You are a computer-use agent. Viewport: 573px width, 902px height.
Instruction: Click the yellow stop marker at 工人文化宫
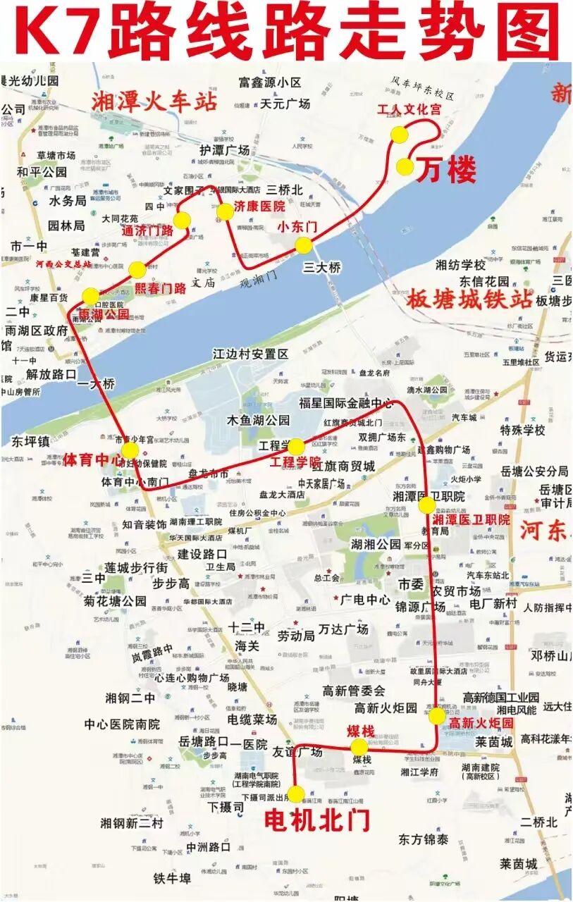pyautogui.click(x=400, y=134)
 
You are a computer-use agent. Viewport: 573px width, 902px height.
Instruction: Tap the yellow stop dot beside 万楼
pyautogui.click(x=405, y=166)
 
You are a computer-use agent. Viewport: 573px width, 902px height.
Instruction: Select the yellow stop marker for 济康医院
pyautogui.click(x=224, y=211)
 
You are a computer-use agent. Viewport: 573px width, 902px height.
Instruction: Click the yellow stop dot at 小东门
pyautogui.click(x=303, y=245)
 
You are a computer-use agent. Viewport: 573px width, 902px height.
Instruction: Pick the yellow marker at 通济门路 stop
pyautogui.click(x=182, y=221)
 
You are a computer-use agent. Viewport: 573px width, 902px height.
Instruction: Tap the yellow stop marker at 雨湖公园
pyautogui.click(x=91, y=296)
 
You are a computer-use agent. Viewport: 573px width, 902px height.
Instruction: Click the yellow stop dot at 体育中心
pyautogui.click(x=130, y=450)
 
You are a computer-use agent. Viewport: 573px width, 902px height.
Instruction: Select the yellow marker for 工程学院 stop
pyautogui.click(x=296, y=447)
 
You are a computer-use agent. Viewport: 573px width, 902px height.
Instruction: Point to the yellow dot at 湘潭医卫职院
pyautogui.click(x=427, y=505)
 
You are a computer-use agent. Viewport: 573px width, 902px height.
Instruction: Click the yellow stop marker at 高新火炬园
pyautogui.click(x=437, y=716)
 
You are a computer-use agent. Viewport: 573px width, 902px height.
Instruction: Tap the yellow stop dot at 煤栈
pyautogui.click(x=359, y=747)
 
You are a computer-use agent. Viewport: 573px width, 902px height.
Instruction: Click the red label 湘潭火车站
pyautogui.click(x=154, y=102)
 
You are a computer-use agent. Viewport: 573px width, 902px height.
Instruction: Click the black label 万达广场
pyautogui.click(x=343, y=629)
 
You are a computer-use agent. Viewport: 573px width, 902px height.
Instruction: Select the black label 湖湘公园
pyautogui.click(x=376, y=544)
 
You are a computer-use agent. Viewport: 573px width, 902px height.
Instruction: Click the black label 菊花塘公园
pyautogui.click(x=115, y=601)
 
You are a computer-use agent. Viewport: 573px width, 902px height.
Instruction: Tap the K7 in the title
pyautogui.click(x=60, y=32)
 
